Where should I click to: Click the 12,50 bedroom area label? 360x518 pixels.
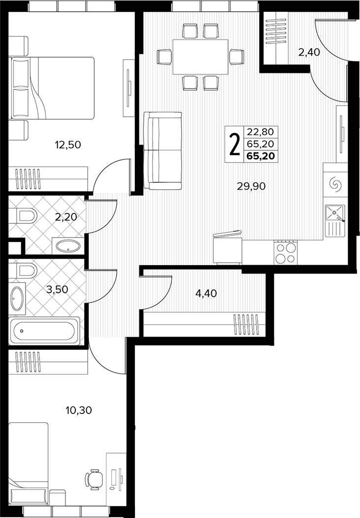pyautogui.click(x=68, y=145)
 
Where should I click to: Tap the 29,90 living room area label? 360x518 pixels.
pyautogui.click(x=252, y=187)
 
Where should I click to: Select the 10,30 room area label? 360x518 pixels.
pyautogui.click(x=78, y=411)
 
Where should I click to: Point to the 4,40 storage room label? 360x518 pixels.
pyautogui.click(x=206, y=293)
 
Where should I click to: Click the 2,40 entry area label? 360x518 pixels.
pyautogui.click(x=309, y=52)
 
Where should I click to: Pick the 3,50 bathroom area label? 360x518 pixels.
pyautogui.click(x=58, y=290)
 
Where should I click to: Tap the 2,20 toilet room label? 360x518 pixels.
pyautogui.click(x=66, y=217)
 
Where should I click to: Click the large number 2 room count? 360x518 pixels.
pyautogui.click(x=234, y=144)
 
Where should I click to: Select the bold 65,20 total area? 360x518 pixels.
pyautogui.click(x=261, y=156)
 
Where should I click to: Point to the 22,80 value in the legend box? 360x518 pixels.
pyautogui.click(x=261, y=132)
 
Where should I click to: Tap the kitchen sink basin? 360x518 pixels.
pyautogui.click(x=334, y=212)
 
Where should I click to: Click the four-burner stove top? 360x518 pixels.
pyautogui.click(x=286, y=252)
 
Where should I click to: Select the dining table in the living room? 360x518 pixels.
pyautogui.click(x=200, y=57)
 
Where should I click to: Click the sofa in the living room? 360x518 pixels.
pyautogui.click(x=163, y=151)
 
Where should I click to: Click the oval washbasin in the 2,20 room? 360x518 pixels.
pyautogui.click(x=68, y=246)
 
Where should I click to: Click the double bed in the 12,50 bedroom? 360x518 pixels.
pyautogui.click(x=53, y=88)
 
